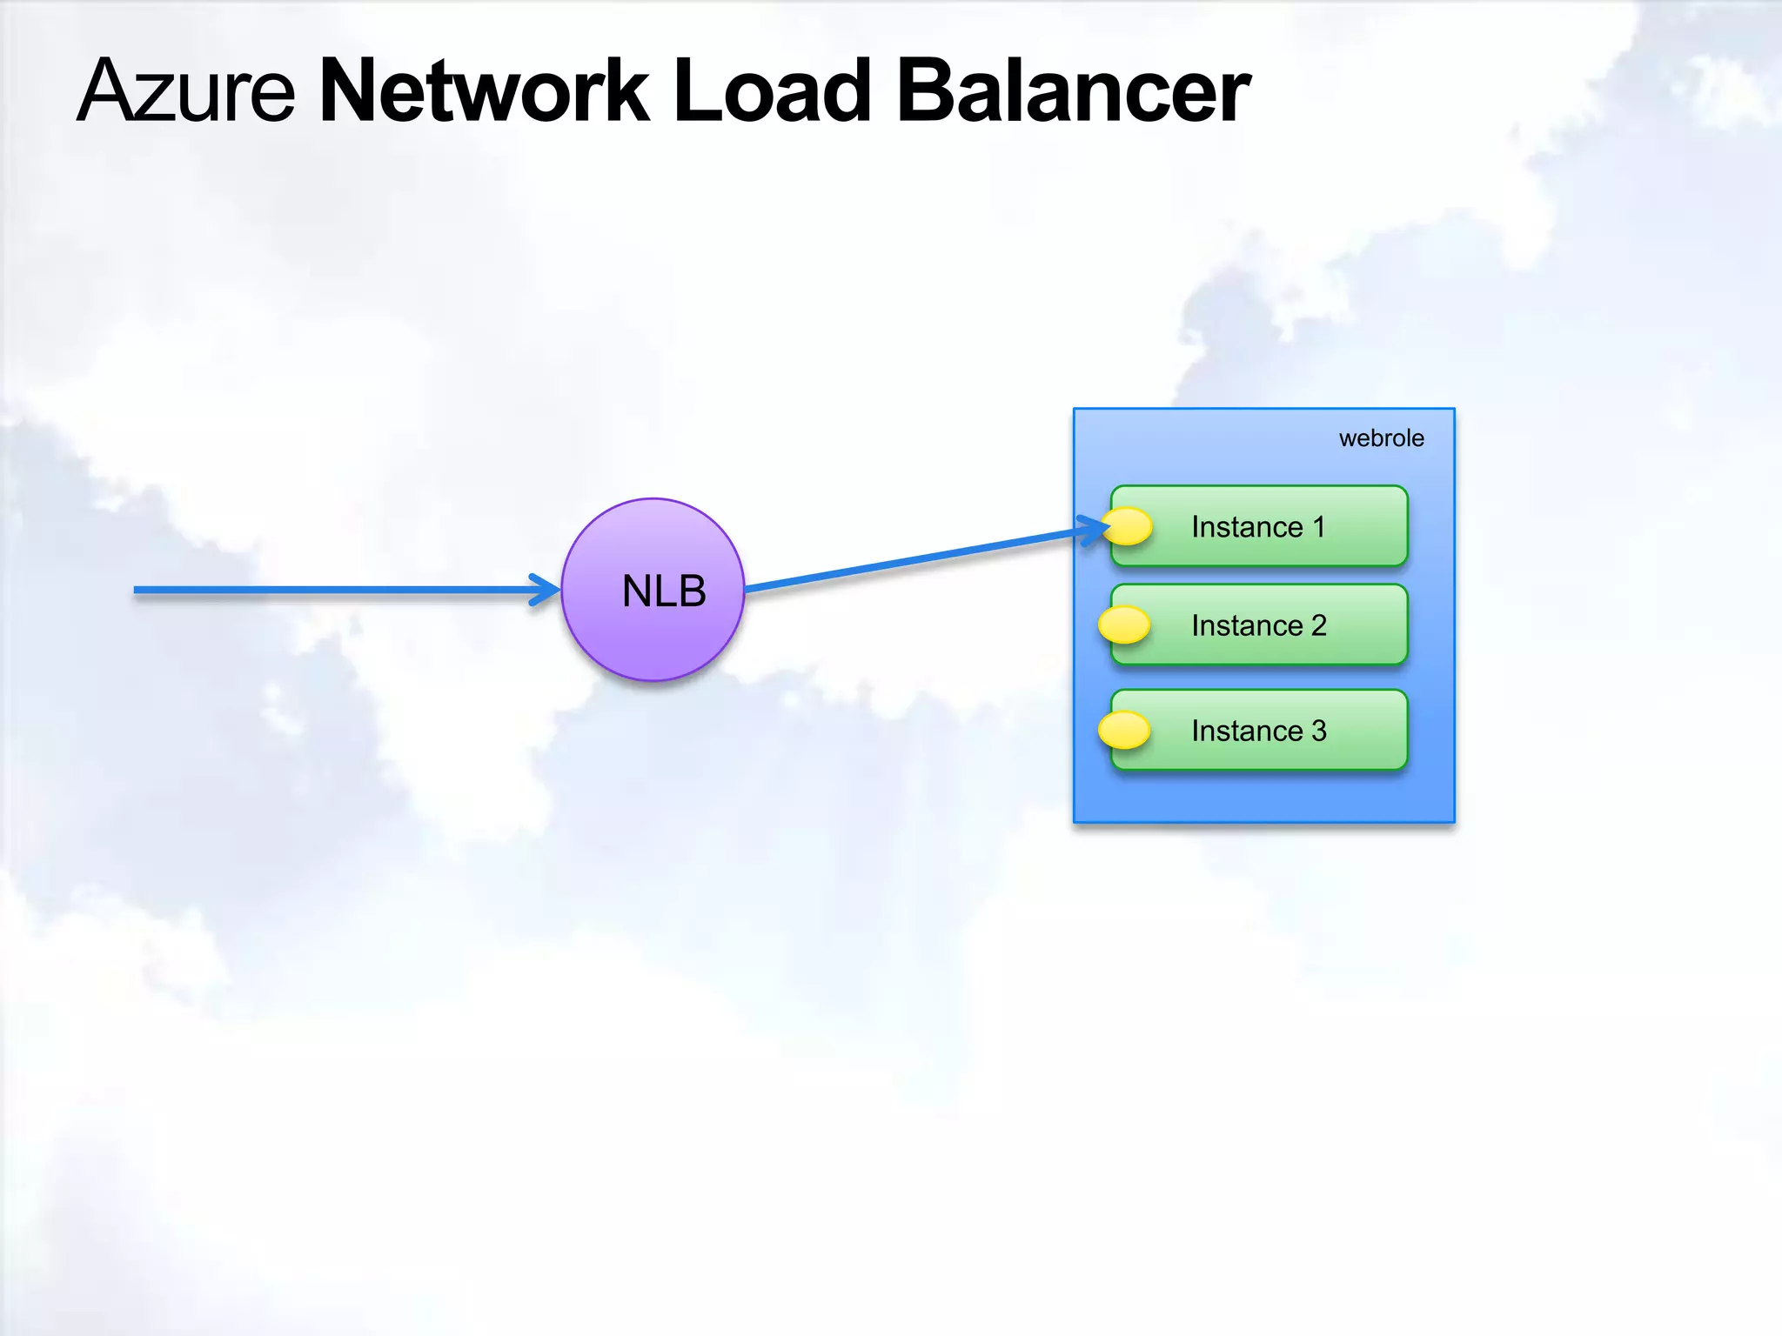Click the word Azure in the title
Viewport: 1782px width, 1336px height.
tap(186, 90)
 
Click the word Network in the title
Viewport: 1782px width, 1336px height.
tap(484, 90)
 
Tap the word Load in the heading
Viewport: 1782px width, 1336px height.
tap(772, 90)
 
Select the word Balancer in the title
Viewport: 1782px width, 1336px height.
tap(1073, 90)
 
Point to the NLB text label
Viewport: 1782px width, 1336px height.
tap(664, 591)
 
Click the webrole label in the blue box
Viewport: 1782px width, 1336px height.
tap(1381, 438)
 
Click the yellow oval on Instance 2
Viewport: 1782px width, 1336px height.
tap(1124, 625)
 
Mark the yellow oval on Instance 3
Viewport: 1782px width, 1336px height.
tap(1124, 730)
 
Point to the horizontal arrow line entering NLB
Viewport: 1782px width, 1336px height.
tap(331, 590)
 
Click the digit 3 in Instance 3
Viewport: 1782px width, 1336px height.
tap(1319, 731)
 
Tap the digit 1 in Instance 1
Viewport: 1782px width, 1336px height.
tap(1319, 526)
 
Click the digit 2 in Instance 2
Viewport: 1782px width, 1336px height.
tap(1319, 625)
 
